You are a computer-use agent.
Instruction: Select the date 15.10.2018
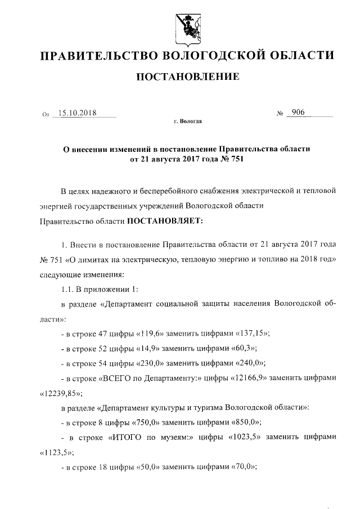(x=78, y=112)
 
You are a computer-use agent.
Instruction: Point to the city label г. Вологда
(x=188, y=121)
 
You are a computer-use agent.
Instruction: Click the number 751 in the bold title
(x=237, y=159)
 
